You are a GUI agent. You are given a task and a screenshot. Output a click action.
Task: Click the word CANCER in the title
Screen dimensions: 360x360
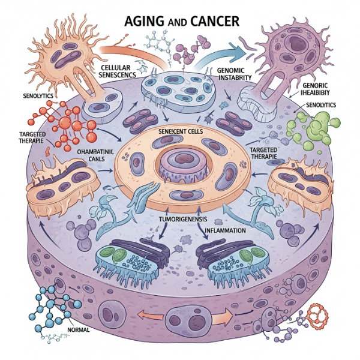[x=211, y=22]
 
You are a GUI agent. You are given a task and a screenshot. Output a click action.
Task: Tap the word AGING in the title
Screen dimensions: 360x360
[x=139, y=22]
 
